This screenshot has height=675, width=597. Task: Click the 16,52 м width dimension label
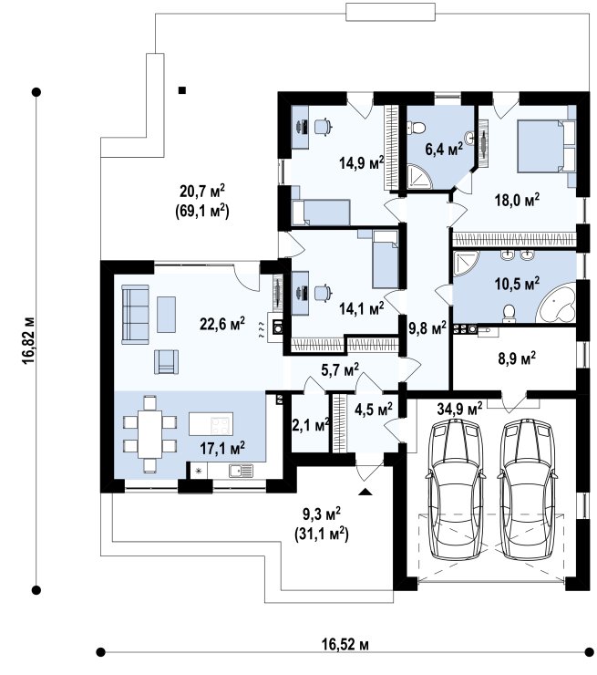pyautogui.click(x=345, y=644)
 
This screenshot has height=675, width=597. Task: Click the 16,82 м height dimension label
pyautogui.click(x=29, y=340)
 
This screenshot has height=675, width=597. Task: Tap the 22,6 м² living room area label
pyautogui.click(x=222, y=323)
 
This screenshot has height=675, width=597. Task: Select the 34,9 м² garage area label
pyautogui.click(x=459, y=408)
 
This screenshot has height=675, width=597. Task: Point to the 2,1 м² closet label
pyautogui.click(x=311, y=425)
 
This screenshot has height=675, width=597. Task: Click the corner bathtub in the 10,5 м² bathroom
pyautogui.click(x=556, y=303)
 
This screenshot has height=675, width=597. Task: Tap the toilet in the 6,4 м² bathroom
pyautogui.click(x=417, y=128)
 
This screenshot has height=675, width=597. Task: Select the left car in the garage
pyautogui.click(x=455, y=490)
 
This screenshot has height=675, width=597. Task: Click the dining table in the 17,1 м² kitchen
pyautogui.click(x=149, y=434)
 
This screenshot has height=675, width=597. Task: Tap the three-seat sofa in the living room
pyautogui.click(x=135, y=315)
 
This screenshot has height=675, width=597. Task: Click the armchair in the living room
pyautogui.click(x=167, y=361)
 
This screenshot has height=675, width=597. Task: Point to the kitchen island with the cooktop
pyautogui.click(x=211, y=423)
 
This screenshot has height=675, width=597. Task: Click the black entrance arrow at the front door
pyautogui.click(x=365, y=492)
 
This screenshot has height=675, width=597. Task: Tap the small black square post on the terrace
pyautogui.click(x=182, y=90)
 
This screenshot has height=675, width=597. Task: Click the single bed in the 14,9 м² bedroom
pyautogui.click(x=320, y=213)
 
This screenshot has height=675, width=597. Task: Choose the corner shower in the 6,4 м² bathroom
pyautogui.click(x=419, y=176)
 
